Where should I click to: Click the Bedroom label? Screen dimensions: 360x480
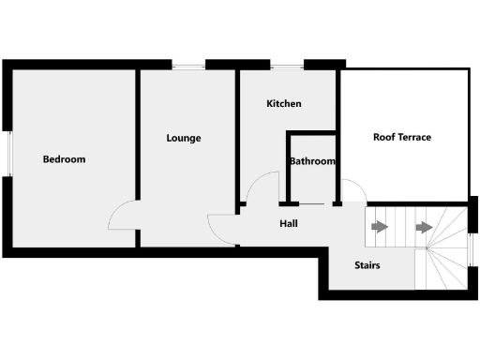pyautogui.click(x=64, y=159)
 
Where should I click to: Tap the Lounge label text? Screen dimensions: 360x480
pyautogui.click(x=184, y=138)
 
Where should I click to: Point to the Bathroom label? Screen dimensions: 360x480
pyautogui.click(x=312, y=161)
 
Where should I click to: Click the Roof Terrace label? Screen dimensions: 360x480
pyautogui.click(x=402, y=137)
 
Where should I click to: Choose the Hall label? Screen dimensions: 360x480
pyautogui.click(x=289, y=224)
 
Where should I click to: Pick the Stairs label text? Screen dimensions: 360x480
pyautogui.click(x=367, y=265)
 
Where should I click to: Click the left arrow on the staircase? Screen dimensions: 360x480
pyautogui.click(x=379, y=227)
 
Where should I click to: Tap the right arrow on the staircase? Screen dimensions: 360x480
pyautogui.click(x=424, y=227)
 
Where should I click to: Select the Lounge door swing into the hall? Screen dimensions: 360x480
pyautogui.click(x=221, y=228)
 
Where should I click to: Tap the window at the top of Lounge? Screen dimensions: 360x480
pyautogui.click(x=188, y=65)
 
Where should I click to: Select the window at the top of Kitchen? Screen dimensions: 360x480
pyautogui.click(x=288, y=65)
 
